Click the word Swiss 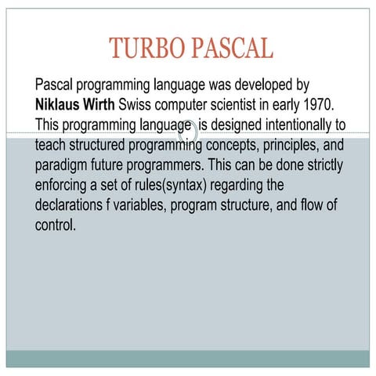[x=151, y=103]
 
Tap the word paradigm [x=66, y=167]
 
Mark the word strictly [x=320, y=167]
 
